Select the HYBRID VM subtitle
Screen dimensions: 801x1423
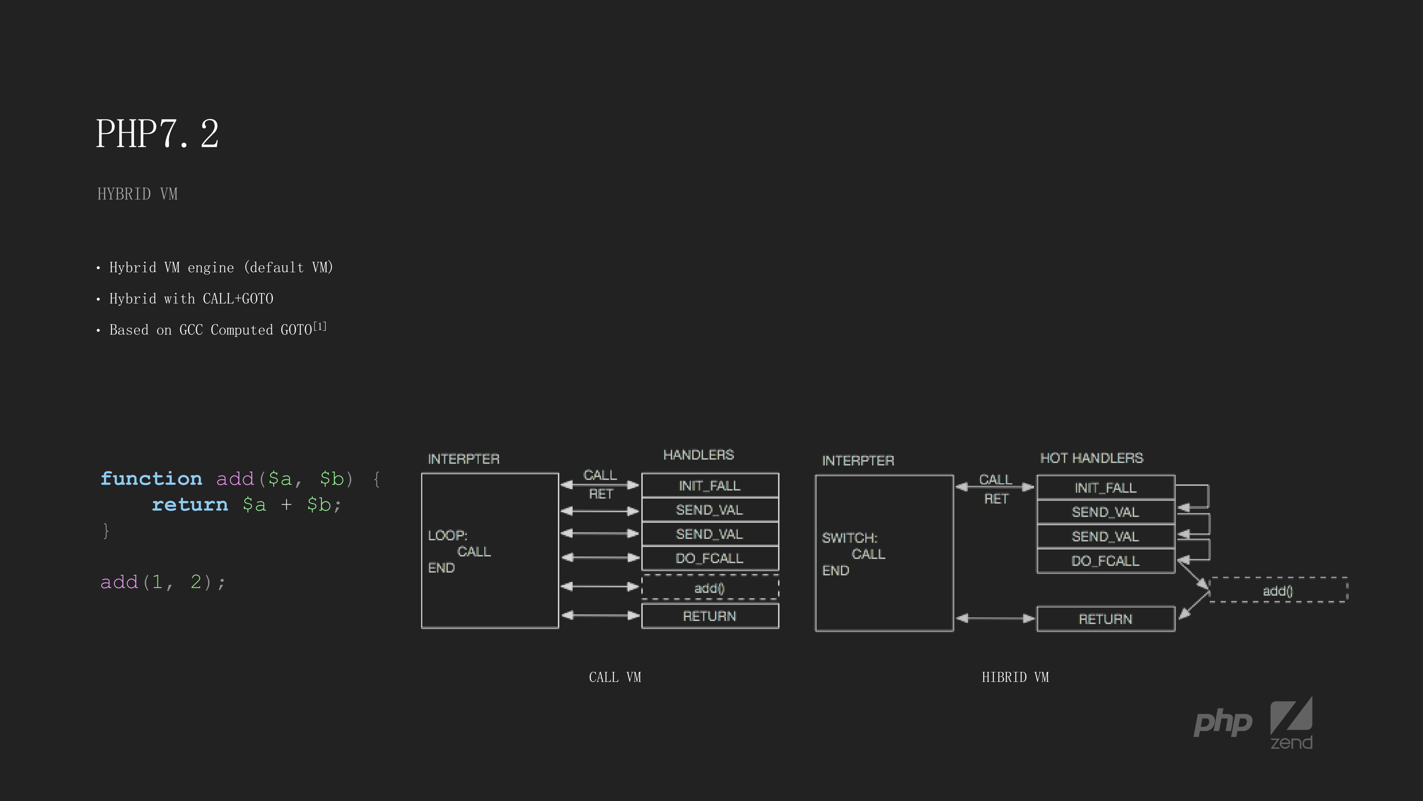point(138,194)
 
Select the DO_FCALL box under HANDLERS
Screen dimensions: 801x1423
point(710,558)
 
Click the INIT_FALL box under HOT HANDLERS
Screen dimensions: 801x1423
point(1105,487)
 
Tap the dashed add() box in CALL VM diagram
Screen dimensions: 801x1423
point(710,588)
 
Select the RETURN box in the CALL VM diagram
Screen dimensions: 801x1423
point(710,616)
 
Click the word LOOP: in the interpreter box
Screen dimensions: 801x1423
point(448,535)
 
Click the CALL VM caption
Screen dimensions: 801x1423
point(615,677)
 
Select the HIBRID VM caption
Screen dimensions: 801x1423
point(1015,677)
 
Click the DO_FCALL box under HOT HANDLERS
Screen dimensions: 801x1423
point(1105,561)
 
